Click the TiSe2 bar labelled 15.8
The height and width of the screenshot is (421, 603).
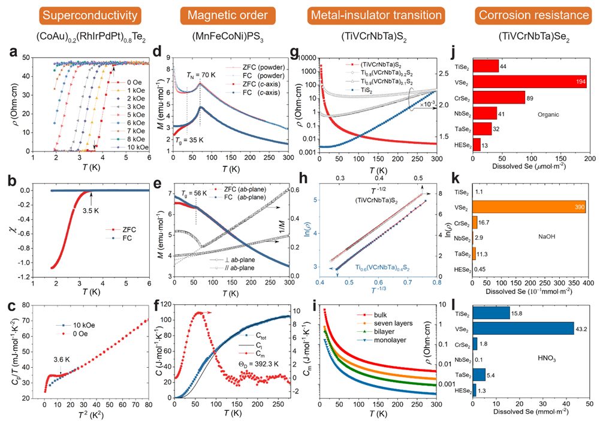tap(491, 313)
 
